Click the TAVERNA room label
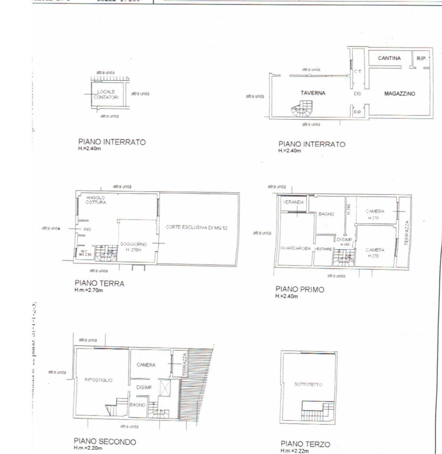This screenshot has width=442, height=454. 313,93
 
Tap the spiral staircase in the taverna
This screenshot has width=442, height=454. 301,109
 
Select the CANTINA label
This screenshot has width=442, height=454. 389,58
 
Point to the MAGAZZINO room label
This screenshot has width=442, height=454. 399,94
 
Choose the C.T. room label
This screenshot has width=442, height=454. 357,71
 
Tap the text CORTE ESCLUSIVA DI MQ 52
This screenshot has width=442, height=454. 196,228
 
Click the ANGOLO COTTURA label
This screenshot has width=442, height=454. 96,200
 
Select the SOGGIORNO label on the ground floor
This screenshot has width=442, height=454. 133,244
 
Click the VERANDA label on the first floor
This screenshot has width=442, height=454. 293,202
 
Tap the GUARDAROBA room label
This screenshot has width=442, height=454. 295,249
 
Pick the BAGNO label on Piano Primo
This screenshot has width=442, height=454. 326,214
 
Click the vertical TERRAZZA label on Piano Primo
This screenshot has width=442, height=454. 406,233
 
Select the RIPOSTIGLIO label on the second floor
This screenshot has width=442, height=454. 98,380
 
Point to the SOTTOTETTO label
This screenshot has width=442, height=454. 308,385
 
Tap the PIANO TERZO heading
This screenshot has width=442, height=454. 305,444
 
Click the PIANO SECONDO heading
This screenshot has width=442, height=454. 105,441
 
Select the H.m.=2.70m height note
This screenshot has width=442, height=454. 88,290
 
